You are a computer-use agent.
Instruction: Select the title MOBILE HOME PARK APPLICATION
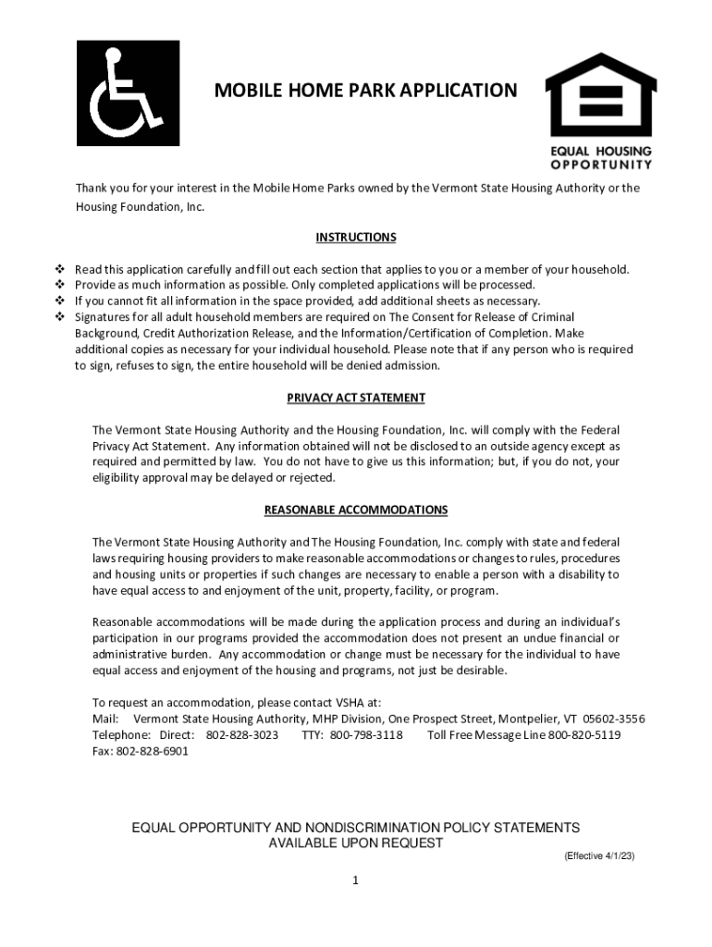point(365,91)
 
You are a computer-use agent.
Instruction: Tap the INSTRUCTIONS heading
point(356,238)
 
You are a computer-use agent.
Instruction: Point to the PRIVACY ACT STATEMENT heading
point(356,398)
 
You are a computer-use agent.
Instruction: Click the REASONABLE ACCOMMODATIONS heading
point(356,510)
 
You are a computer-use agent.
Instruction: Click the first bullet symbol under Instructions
point(60,270)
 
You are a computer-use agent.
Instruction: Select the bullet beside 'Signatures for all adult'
point(60,317)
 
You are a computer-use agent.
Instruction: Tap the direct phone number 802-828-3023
point(241,735)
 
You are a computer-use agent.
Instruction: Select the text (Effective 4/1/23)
point(599,856)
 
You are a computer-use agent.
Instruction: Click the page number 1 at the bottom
point(355,880)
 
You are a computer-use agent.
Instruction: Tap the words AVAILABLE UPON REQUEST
point(355,843)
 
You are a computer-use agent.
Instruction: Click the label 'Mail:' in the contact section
point(105,719)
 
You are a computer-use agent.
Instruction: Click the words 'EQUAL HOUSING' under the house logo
point(601,151)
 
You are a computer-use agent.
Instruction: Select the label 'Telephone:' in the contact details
point(121,735)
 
